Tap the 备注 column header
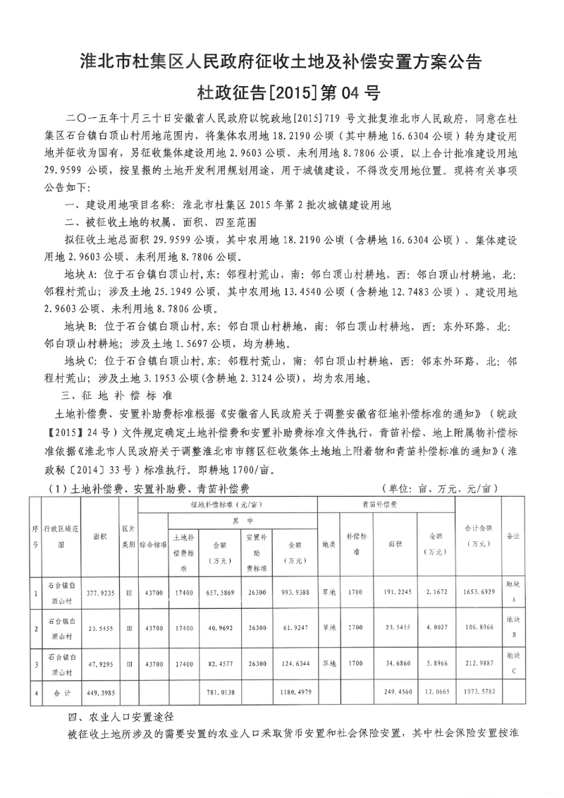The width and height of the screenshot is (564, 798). click(513, 537)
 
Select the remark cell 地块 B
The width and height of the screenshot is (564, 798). click(513, 627)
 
